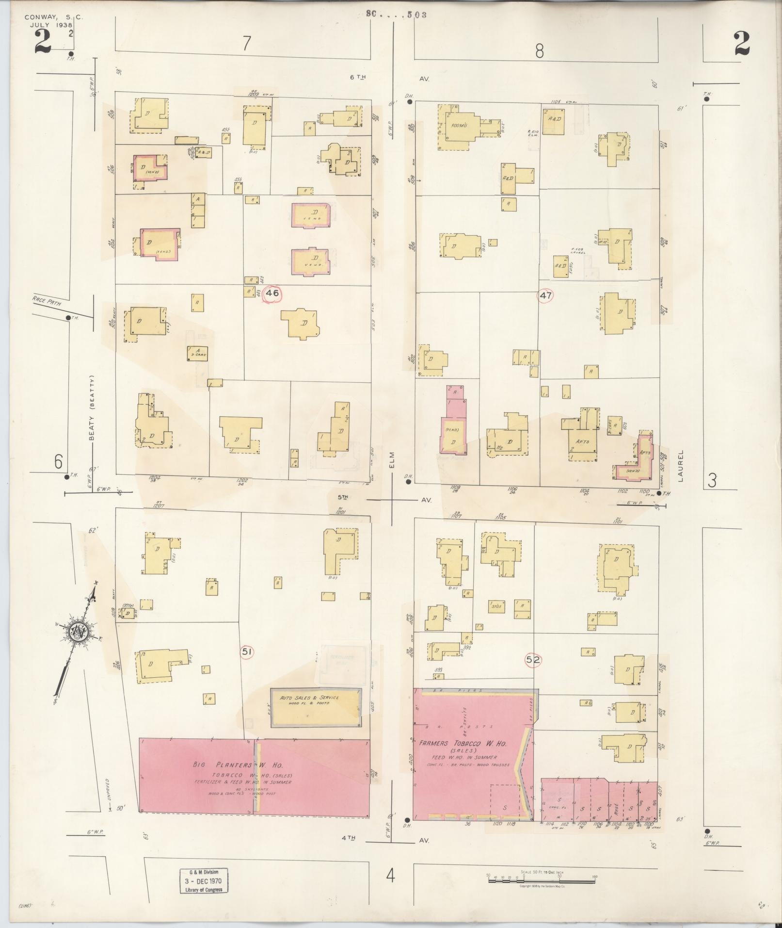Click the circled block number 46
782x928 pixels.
click(x=272, y=293)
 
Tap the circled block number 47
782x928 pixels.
click(x=545, y=295)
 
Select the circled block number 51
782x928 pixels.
click(x=247, y=652)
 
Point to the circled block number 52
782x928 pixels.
click(x=533, y=660)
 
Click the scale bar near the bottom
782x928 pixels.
click(x=541, y=878)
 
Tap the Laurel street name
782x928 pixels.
click(x=681, y=466)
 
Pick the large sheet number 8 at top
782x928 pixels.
click(x=539, y=50)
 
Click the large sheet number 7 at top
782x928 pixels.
click(x=247, y=44)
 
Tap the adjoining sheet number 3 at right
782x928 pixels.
click(x=712, y=480)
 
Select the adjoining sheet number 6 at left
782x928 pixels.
click(x=58, y=461)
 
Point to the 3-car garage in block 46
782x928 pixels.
click(x=198, y=353)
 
